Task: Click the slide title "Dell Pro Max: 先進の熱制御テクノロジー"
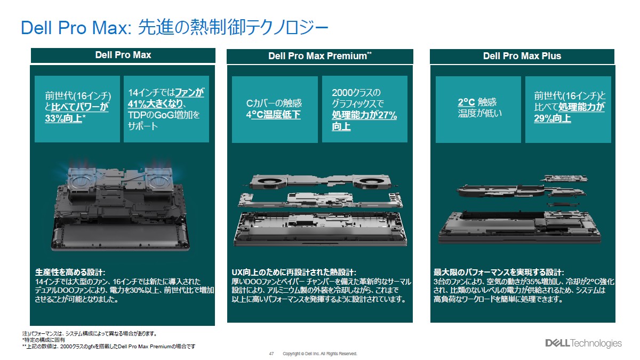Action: [174, 28]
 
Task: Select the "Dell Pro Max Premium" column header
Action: [319, 56]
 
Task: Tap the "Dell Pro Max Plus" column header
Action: [522, 56]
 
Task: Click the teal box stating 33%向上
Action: [77, 109]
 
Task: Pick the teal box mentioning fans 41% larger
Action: [166, 109]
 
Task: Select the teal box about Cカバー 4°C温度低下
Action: [274, 109]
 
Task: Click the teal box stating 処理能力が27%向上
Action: [364, 109]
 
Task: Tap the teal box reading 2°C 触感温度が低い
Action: [478, 109]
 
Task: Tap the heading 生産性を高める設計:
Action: [70, 272]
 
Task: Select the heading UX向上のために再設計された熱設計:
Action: [294, 272]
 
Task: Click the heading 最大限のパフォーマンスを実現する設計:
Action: [499, 272]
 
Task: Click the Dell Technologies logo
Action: [582, 343]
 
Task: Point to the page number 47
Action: [271, 354]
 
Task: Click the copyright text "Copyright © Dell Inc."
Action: [319, 354]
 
